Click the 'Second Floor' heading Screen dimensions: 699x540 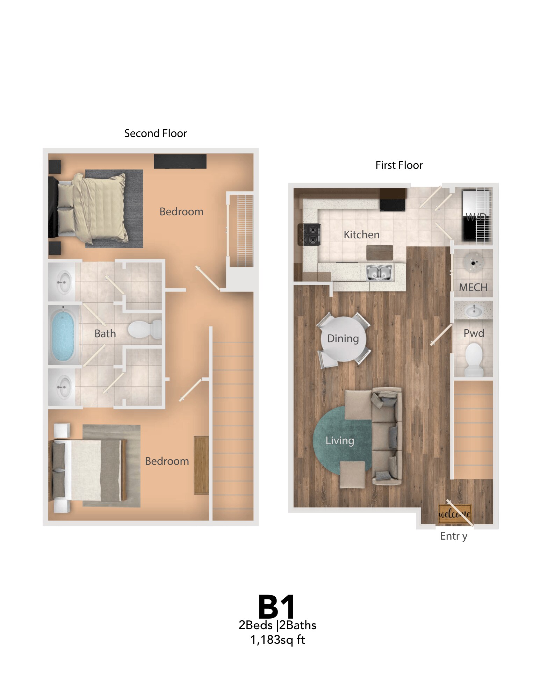pyautogui.click(x=156, y=133)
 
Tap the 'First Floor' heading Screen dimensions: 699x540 pyautogui.click(x=399, y=165)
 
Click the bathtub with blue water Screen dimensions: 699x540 pyautogui.click(x=63, y=335)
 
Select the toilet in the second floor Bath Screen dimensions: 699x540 pyautogui.click(x=143, y=329)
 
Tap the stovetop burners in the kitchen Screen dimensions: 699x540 pyautogui.click(x=309, y=235)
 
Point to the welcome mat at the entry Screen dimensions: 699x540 pyautogui.click(x=455, y=514)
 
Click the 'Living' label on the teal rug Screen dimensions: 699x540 pyautogui.click(x=340, y=440)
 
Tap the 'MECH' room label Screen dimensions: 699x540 pyautogui.click(x=473, y=287)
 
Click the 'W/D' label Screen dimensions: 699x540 pyautogui.click(x=476, y=217)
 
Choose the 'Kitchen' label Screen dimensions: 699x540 pyautogui.click(x=361, y=235)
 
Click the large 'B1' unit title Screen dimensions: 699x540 pyautogui.click(x=276, y=607)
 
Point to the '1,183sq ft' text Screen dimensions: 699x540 pyautogui.click(x=278, y=640)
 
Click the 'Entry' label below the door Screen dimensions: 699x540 pyautogui.click(x=453, y=536)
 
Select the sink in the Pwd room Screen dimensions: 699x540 pyautogui.click(x=474, y=310)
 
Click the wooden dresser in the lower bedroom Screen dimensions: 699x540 pyautogui.click(x=201, y=464)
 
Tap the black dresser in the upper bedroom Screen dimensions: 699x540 pyautogui.click(x=180, y=161)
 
